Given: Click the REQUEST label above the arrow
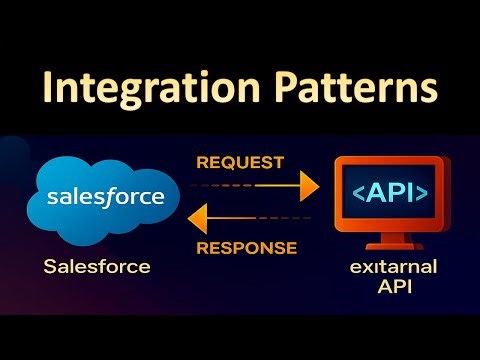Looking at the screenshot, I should [240, 162].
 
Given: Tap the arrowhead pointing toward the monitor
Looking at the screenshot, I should [307, 186].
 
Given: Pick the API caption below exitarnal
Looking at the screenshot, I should [386, 291].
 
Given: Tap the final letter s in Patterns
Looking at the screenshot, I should [427, 88].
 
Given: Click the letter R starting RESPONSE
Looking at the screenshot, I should [202, 247].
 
